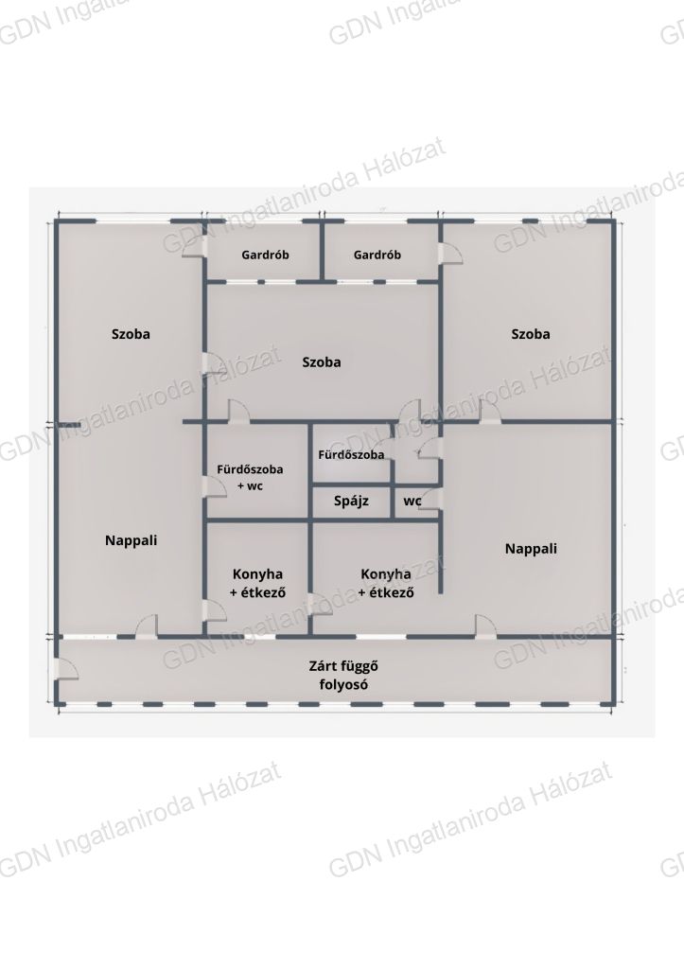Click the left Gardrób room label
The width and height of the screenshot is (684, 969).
(x=265, y=255)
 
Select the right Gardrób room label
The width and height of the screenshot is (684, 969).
(x=377, y=255)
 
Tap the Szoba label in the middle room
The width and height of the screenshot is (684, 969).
(x=322, y=362)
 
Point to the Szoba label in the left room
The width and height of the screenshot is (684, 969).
(x=131, y=334)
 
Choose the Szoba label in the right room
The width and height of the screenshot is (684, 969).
(x=531, y=334)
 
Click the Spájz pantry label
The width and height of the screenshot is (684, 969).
(x=351, y=502)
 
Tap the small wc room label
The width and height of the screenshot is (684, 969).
(x=412, y=502)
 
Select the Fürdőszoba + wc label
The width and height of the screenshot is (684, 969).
(x=250, y=478)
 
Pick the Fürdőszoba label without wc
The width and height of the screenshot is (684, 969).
(x=351, y=455)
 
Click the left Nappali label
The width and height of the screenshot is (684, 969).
(x=131, y=540)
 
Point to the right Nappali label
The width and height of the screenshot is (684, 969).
(x=531, y=549)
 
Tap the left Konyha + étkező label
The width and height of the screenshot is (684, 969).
(x=257, y=583)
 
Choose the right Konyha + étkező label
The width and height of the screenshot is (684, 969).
(x=386, y=583)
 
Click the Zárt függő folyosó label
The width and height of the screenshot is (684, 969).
(x=343, y=676)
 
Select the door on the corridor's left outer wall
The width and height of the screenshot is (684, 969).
(x=65, y=670)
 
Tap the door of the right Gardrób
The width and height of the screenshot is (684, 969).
(x=450, y=254)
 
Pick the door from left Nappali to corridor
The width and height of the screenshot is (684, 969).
(x=147, y=626)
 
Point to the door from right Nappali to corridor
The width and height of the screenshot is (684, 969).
(x=485, y=626)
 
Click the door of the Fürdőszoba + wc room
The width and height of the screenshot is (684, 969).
(x=215, y=485)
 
